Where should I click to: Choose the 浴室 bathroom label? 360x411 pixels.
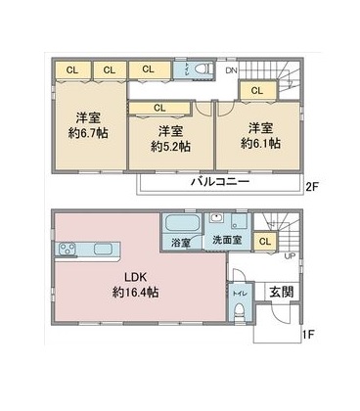tap(180, 242)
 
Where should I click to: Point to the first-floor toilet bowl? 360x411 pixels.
tap(240, 314)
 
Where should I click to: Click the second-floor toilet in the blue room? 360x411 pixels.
tap(201, 70)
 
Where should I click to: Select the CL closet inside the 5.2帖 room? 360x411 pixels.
tap(158, 108)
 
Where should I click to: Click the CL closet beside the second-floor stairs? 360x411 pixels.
tap(256, 91)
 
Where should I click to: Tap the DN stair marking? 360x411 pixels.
tap(232, 69)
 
